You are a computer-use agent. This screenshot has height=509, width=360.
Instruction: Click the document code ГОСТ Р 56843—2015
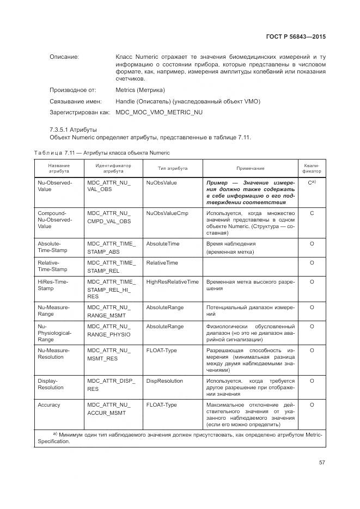300,36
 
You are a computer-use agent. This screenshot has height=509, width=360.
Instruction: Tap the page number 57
322,463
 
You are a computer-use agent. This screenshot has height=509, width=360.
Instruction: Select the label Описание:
64,57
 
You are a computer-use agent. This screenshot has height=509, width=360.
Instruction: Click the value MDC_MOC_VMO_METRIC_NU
159,112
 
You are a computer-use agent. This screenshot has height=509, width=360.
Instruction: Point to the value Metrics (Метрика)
140,90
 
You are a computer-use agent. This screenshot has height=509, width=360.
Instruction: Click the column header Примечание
251,168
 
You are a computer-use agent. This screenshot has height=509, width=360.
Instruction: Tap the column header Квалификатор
312,168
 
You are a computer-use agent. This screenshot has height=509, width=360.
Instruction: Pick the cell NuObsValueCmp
167,213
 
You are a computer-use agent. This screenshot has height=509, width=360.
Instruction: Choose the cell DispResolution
164,381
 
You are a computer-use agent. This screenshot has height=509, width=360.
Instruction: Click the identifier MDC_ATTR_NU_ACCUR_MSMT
109,409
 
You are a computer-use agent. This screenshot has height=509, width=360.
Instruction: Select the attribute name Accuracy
49,405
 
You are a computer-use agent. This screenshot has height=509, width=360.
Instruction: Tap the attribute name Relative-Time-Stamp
52,266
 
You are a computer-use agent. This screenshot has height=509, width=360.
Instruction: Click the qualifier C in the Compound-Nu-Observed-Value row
312,213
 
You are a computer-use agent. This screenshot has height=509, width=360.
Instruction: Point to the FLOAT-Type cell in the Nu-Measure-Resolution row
161,351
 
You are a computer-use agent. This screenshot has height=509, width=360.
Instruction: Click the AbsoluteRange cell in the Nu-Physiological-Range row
164,327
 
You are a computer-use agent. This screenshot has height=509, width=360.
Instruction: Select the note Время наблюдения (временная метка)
231,248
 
